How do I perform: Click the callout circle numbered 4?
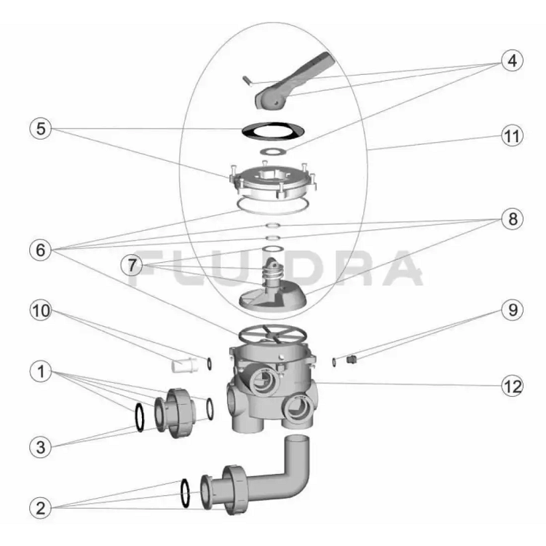(x=513, y=60)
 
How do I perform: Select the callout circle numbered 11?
(x=513, y=136)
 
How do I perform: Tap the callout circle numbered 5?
(x=41, y=128)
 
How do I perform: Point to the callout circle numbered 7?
(x=132, y=265)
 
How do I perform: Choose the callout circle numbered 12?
(x=513, y=386)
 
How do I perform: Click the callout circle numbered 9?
(x=513, y=309)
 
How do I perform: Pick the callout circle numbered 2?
(x=41, y=508)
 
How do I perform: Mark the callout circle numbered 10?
(x=41, y=310)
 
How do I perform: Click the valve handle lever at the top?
(x=293, y=82)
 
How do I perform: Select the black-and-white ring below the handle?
(x=273, y=131)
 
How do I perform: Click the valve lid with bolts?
(x=273, y=181)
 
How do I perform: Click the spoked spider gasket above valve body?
(x=273, y=335)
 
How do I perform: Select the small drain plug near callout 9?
(x=352, y=360)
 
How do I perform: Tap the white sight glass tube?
(x=185, y=365)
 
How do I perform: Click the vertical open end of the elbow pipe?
(x=297, y=439)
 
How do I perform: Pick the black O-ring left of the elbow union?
(x=185, y=493)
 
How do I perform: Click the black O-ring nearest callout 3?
(x=139, y=418)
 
